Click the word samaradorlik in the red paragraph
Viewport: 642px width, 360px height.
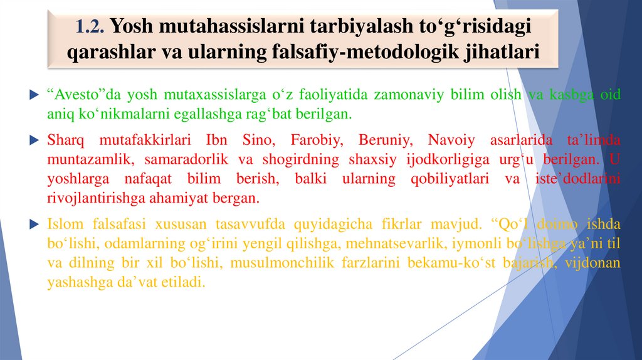click(159, 159)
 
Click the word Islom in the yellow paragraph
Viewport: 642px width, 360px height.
click(64, 223)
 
